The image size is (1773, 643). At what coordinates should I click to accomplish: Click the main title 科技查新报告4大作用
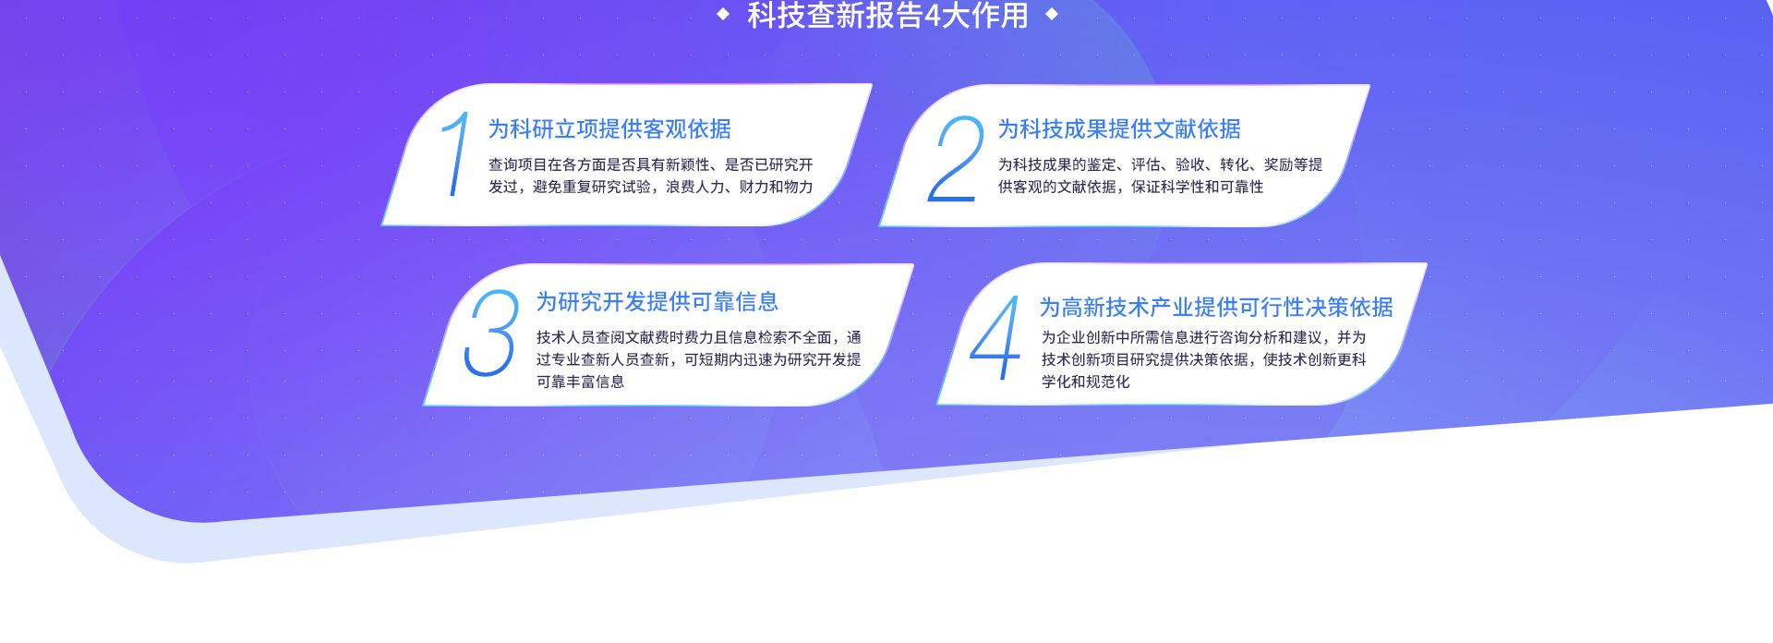click(887, 15)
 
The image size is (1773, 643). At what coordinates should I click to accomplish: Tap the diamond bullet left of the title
click(723, 14)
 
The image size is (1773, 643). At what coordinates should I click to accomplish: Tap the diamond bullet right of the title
click(1051, 14)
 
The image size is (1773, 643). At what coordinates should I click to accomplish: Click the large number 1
click(455, 154)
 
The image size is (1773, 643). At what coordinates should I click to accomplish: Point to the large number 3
click(490, 333)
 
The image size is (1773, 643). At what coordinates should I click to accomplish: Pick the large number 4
click(995, 338)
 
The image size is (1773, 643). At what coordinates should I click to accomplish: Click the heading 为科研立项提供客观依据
click(609, 129)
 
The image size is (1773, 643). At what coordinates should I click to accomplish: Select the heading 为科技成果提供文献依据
click(1119, 129)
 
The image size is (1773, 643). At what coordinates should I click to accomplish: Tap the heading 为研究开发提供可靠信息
click(657, 302)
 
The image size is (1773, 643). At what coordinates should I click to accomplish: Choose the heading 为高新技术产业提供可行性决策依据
click(1216, 308)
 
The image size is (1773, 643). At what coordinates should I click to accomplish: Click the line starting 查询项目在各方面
click(651, 164)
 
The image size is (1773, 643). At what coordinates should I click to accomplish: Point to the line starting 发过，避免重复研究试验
click(651, 187)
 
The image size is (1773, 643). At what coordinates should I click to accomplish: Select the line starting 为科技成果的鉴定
click(1160, 164)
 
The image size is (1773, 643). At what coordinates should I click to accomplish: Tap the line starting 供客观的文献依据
click(1130, 187)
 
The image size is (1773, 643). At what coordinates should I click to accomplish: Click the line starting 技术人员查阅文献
click(699, 337)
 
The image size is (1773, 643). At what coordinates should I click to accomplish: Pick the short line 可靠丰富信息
click(581, 382)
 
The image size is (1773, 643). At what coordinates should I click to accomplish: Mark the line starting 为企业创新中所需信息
click(1203, 337)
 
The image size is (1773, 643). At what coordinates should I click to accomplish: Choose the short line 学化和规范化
click(1086, 382)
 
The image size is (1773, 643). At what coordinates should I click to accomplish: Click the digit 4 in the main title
click(933, 16)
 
